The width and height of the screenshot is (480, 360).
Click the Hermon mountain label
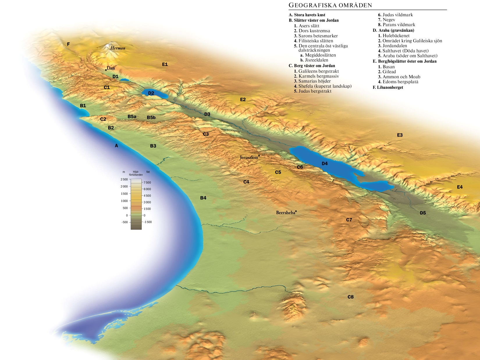pyautogui.click(x=118, y=48)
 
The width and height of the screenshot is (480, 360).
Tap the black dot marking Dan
pyautogui.click(x=106, y=70)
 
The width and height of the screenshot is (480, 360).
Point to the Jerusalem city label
pyautogui.click(x=249, y=157)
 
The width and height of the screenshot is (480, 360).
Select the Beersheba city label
pyautogui.click(x=285, y=213)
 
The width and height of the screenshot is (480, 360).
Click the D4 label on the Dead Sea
pyautogui.click(x=325, y=164)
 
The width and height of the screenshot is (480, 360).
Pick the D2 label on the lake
pyautogui.click(x=151, y=93)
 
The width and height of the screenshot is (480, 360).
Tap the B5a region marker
pyautogui.click(x=132, y=116)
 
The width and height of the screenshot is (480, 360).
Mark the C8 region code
pyautogui.click(x=351, y=297)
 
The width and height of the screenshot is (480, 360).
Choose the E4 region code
pyautogui.click(x=460, y=187)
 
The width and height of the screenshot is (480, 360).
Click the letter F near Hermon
pyautogui.click(x=68, y=44)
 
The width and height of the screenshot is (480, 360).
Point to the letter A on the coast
pyautogui.click(x=116, y=146)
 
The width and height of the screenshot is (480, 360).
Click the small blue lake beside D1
pyautogui.click(x=125, y=79)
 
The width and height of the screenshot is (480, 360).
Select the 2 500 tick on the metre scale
pyautogui.click(x=124, y=179)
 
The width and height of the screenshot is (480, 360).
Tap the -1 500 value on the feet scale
pyautogui.click(x=147, y=222)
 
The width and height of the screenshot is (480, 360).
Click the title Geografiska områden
pyautogui.click(x=330, y=5)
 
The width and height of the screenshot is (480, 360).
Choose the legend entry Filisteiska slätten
pyautogui.click(x=316, y=41)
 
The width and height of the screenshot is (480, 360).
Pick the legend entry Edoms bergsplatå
pyautogui.click(x=400, y=82)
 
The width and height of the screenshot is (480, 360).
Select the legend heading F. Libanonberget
pyautogui.click(x=388, y=87)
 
